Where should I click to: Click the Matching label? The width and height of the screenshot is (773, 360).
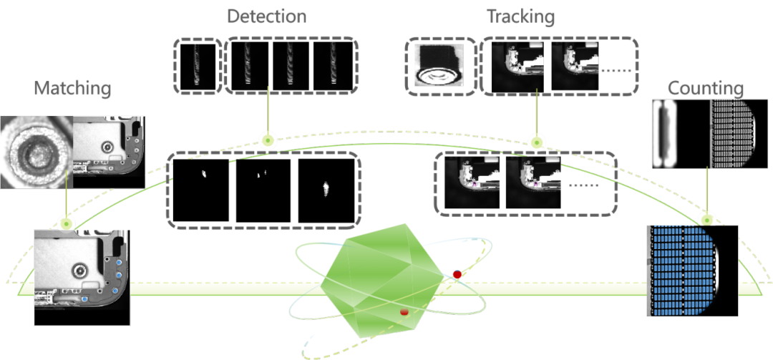click(73, 89)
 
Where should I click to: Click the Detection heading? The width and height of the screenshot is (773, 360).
click(266, 16)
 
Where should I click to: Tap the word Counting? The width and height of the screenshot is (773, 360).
click(705, 89)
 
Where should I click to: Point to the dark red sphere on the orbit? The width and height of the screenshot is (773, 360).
click(457, 274)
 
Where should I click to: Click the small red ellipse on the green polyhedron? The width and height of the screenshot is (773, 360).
click(404, 312)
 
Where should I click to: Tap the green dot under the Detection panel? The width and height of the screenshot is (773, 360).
click(267, 140)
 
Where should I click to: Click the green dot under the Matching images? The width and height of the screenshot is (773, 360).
click(67, 223)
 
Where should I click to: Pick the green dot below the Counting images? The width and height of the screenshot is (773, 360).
click(707, 218)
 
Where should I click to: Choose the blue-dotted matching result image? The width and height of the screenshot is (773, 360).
click(81, 277)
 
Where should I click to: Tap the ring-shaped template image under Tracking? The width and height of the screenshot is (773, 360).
click(437, 67)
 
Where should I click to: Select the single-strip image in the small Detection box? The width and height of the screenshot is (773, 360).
click(198, 67)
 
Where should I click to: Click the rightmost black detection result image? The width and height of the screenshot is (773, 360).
click(326, 190)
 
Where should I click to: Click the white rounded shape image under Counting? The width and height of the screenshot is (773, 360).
click(680, 134)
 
